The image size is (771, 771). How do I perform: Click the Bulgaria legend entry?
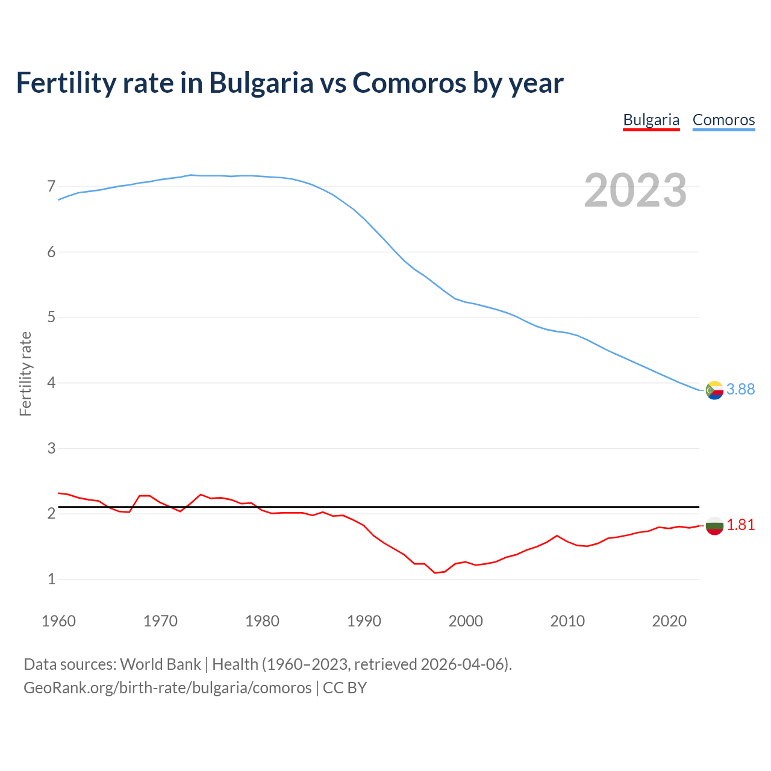pos(651,120)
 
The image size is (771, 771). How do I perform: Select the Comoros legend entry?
pos(723,120)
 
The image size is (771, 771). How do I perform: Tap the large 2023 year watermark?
pos(635,190)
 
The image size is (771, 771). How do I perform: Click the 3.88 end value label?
pos(740,390)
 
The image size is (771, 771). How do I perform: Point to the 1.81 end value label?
pos(740,525)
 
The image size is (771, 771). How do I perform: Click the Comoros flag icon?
pos(714,390)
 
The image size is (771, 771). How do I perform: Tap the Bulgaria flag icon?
pos(714,526)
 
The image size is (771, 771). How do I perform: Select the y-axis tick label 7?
pos(51,187)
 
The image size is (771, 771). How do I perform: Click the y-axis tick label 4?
pos(51,383)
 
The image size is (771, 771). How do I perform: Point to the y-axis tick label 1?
pos(51,579)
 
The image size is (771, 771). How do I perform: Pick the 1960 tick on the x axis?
pos(58,621)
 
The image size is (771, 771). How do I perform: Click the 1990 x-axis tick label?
pos(364,621)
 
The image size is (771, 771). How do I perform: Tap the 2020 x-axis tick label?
pos(669,621)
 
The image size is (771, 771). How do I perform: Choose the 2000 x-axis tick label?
pos(466,621)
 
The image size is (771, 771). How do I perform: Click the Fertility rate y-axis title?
pos(25,373)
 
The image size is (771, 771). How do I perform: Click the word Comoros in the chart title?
pos(409,83)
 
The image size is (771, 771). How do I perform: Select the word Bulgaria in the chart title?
pos(261,83)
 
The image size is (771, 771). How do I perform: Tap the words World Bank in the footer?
pos(160,664)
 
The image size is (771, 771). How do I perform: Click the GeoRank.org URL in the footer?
pos(167,688)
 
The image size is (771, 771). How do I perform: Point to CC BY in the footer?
pos(345,688)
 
